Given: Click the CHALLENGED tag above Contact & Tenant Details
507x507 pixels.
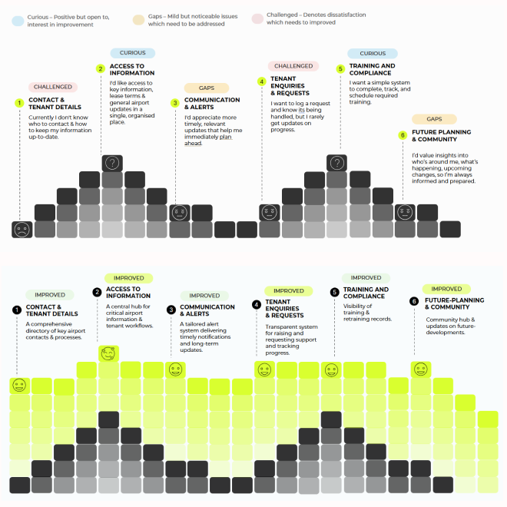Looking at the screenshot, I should pyautogui.click(x=53, y=87).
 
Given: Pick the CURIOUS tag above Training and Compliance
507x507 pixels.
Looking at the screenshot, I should pyautogui.click(x=373, y=53).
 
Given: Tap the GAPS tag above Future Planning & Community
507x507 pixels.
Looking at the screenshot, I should pyautogui.click(x=435, y=119).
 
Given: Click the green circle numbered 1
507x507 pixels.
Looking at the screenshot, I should pyautogui.click(x=19, y=103).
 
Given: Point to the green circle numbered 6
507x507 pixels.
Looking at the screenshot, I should pyautogui.click(x=402, y=135).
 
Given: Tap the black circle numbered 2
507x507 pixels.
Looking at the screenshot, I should pyautogui.click(x=98, y=292).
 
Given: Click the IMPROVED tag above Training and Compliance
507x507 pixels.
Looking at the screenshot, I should pyautogui.click(x=366, y=277).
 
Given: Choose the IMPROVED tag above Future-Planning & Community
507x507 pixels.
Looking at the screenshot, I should pyautogui.click(x=446, y=289).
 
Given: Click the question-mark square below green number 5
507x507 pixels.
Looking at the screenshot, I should pyautogui.click(x=336, y=163).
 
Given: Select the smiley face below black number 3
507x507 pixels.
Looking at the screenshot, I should pyautogui.click(x=175, y=369).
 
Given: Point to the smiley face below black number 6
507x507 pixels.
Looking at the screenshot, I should pyautogui.click(x=421, y=369).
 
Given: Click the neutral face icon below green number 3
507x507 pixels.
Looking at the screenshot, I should pyautogui.click(x=180, y=212).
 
